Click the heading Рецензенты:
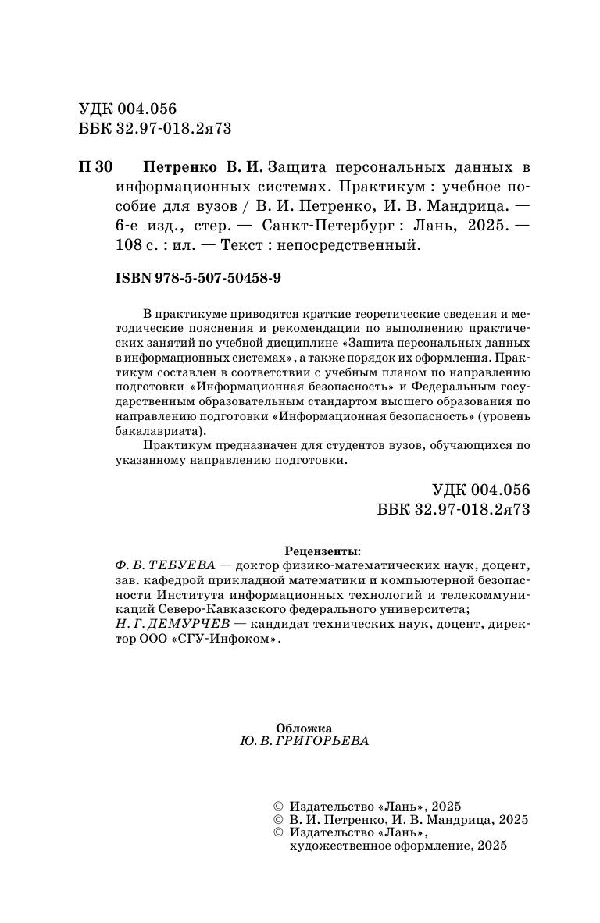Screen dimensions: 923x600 pos(323,549)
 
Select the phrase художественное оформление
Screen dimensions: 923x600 pos(380,846)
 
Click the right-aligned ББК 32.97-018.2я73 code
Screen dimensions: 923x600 pos(453,508)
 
